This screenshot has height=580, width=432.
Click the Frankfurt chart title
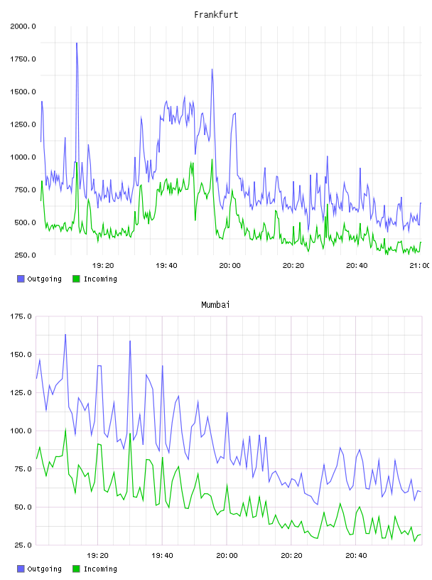click(x=216, y=15)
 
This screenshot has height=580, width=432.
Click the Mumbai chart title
click(x=215, y=304)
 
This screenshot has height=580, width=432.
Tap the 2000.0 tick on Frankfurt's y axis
click(x=23, y=26)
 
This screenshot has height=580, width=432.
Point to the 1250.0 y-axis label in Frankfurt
click(x=23, y=124)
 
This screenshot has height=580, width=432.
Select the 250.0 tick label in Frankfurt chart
click(x=25, y=255)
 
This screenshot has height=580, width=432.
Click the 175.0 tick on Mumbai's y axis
click(x=21, y=316)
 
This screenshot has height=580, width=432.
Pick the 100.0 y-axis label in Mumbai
click(x=21, y=431)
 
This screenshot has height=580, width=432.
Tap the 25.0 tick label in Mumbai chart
click(x=23, y=545)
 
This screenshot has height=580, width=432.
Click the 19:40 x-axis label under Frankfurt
click(x=166, y=266)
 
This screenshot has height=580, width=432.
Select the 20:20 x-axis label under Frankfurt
click(x=293, y=266)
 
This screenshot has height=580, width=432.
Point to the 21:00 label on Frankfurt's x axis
click(x=420, y=266)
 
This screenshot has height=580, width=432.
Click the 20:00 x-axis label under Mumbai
click(x=227, y=556)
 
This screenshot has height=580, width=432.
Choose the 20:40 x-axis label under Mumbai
click(x=356, y=556)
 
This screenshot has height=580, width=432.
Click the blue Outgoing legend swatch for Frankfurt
click(x=21, y=279)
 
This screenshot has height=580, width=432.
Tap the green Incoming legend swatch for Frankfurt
click(x=76, y=279)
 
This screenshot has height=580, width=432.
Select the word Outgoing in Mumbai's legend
click(x=44, y=569)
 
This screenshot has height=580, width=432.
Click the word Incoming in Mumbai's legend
click(x=100, y=569)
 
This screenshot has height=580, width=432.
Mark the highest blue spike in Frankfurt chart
click(x=77, y=43)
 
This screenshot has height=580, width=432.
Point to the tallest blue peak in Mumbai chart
click(x=65, y=335)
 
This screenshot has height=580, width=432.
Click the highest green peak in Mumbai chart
click(x=65, y=429)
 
